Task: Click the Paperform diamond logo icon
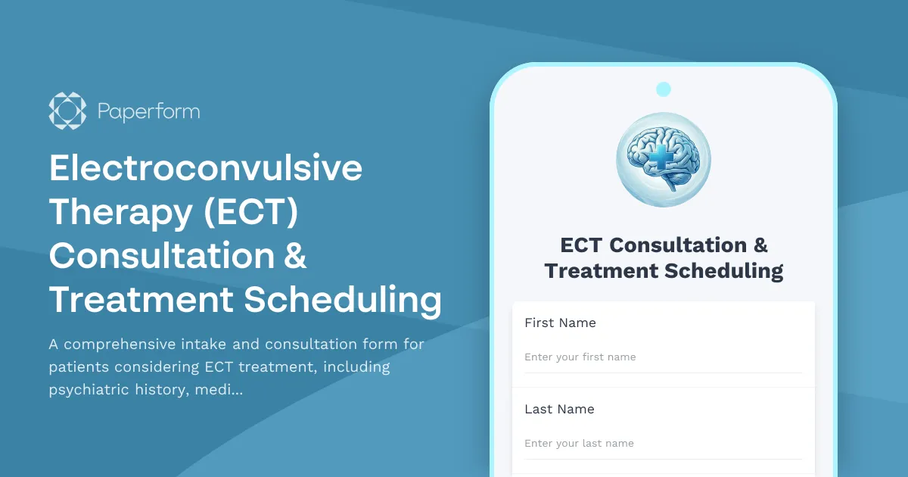67,111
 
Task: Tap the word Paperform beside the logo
149,112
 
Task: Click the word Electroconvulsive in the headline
206,168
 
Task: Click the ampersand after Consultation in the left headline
297,256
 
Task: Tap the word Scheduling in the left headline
343,300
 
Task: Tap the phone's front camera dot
664,89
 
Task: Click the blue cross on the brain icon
661,157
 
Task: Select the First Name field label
560,323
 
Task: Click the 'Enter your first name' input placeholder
580,357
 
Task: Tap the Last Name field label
559,409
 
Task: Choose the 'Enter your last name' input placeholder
579,443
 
